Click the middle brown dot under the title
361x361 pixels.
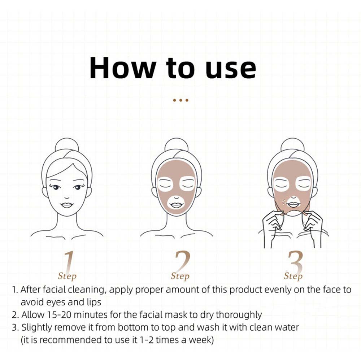pos(180,100)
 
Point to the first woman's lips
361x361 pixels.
pos(67,205)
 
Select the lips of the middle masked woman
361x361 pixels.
pos(176,205)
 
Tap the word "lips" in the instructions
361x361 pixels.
pos(92,302)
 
